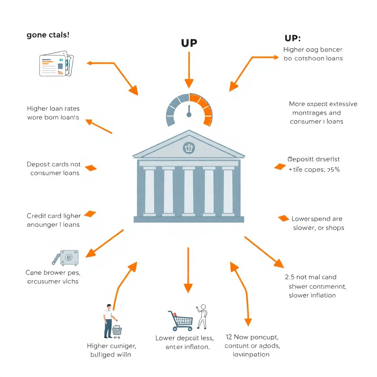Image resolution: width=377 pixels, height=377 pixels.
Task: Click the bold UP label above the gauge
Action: click(189, 43)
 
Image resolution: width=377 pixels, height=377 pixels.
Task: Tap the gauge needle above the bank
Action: click(189, 111)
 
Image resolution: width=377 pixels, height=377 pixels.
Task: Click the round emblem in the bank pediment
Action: click(188, 148)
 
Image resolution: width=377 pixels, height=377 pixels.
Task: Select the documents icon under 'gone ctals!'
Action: click(56, 64)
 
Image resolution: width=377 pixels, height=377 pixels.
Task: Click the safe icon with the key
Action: click(67, 257)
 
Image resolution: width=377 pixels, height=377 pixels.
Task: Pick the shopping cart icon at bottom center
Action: click(181, 321)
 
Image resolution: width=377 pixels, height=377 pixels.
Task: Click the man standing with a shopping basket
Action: click(109, 321)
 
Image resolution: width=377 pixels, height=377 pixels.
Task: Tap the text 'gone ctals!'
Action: click(48, 35)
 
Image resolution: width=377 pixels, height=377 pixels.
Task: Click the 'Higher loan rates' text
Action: click(53, 109)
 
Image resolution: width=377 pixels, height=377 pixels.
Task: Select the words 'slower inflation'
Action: click(312, 295)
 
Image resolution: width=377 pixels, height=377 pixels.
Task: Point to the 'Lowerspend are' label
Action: click(317, 219)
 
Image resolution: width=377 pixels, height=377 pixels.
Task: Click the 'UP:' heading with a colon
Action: click(293, 38)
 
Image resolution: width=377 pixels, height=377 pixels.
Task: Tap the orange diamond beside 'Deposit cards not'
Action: click(91, 168)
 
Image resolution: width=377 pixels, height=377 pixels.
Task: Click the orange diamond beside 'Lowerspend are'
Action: click(283, 218)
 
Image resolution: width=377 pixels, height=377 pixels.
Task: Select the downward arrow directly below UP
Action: click(189, 70)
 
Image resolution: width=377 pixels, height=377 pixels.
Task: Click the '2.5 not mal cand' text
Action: click(311, 277)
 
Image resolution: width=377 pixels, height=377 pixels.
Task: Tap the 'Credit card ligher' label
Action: click(54, 216)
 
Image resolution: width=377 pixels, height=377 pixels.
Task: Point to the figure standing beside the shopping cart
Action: click(202, 317)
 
